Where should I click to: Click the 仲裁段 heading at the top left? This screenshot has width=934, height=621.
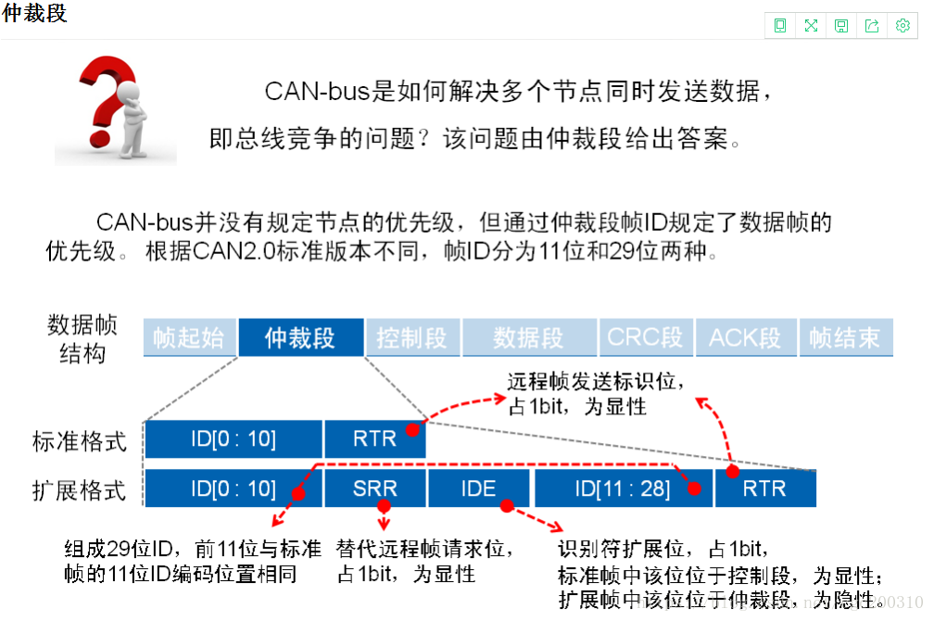click(35, 14)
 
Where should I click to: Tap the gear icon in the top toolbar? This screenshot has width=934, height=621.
click(902, 26)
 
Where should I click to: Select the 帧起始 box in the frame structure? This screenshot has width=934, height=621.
click(189, 337)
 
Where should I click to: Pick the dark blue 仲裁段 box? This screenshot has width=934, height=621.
click(300, 337)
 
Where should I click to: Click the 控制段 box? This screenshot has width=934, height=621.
click(411, 337)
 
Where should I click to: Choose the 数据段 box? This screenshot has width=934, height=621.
click(528, 337)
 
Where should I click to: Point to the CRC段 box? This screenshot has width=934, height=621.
click(645, 337)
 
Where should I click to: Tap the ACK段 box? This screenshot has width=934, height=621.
click(745, 337)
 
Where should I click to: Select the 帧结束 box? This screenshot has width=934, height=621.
click(844, 337)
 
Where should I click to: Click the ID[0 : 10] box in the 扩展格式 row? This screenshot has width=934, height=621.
click(233, 488)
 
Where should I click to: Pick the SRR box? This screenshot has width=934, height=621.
click(374, 488)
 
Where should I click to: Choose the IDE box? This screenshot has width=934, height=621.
click(478, 488)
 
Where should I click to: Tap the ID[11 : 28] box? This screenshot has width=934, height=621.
click(622, 488)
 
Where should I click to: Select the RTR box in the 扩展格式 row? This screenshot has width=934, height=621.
click(764, 488)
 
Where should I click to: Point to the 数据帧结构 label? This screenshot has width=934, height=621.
click(82, 338)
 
